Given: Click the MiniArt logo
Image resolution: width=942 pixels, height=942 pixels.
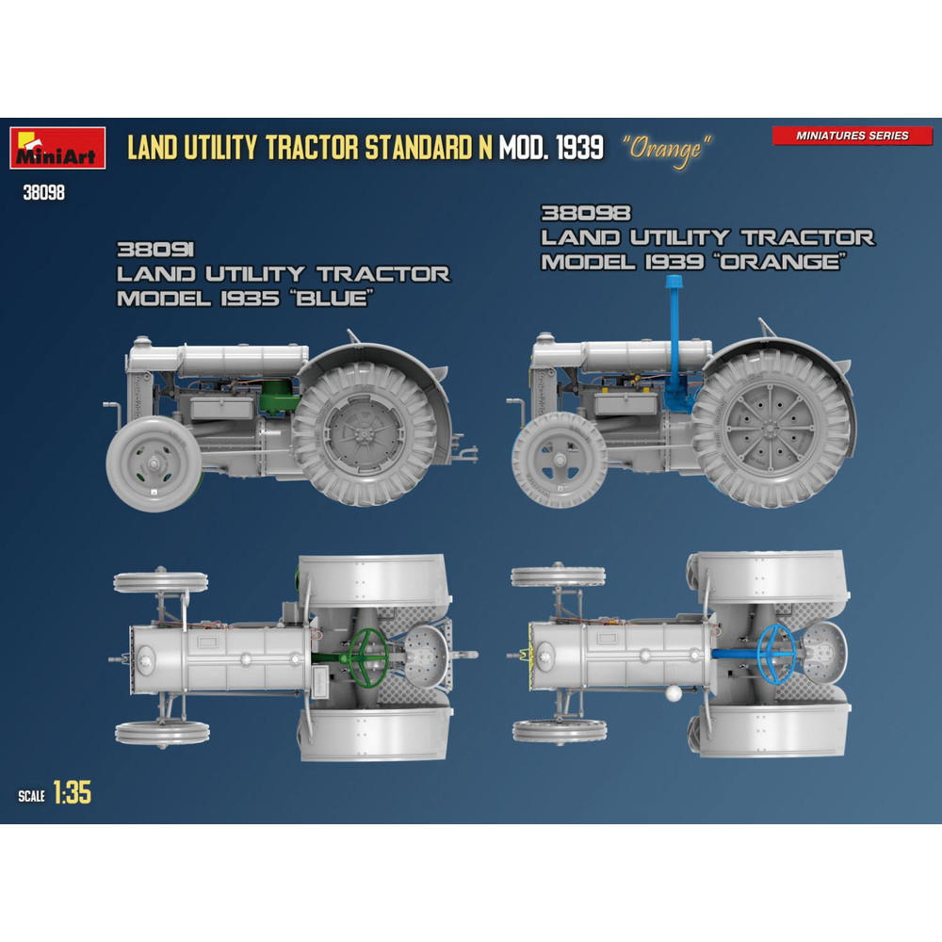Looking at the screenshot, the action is pos(57,148).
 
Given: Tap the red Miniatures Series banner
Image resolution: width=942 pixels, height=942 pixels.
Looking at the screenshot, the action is pos(852,136).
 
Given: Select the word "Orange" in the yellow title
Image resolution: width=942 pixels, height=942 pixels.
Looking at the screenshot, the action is pos(666,150).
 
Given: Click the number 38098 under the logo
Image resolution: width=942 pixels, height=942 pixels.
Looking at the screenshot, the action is pos(43,193).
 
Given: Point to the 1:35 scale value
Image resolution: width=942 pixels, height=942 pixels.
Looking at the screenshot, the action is pos(73,792).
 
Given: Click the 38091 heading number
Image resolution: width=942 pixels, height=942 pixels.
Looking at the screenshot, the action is pos(155,250).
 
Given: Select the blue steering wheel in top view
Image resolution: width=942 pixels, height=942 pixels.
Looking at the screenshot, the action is pos(776,653).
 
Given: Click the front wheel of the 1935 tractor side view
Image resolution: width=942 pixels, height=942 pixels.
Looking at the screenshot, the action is pos(154,463).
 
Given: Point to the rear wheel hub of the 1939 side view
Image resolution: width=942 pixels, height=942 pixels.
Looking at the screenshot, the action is pos(770,428).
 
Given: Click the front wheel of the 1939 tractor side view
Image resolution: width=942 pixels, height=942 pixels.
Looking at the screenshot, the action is pos(560,461).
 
